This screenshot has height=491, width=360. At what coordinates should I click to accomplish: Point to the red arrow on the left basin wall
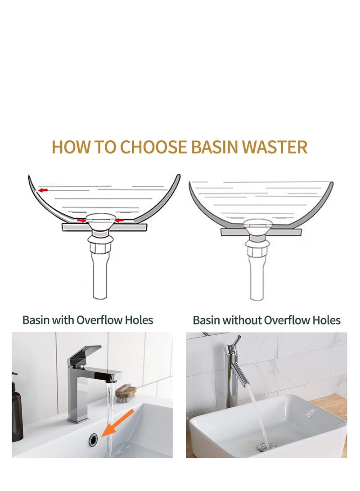click(43, 191)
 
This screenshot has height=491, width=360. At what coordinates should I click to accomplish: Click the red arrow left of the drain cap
click(81, 221)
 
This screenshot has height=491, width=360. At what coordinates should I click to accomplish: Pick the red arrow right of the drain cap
click(119, 221)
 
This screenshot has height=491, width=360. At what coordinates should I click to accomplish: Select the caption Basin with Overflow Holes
click(88, 320)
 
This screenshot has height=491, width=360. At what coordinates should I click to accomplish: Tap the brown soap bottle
click(17, 414)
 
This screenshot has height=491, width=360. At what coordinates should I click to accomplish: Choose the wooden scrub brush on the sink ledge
click(126, 392)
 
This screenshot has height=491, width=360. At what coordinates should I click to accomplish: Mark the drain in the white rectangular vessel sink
click(263, 446)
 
